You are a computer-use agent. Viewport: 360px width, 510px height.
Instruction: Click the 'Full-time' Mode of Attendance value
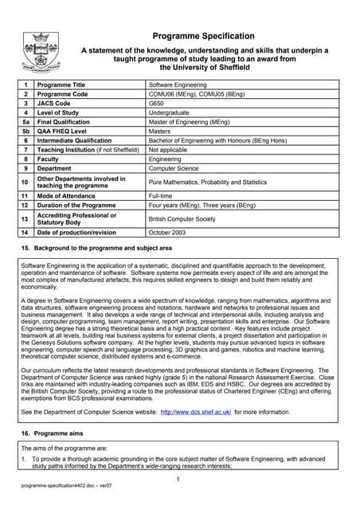pyautogui.click(x=161, y=195)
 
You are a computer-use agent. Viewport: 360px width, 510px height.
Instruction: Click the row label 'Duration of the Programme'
pyautogui.click(x=80, y=205)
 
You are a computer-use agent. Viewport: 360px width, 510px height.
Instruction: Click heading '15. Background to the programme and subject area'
pyautogui.click(x=96, y=249)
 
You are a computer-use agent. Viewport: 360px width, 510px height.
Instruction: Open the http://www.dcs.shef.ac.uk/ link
pyautogui.click(x=196, y=413)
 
